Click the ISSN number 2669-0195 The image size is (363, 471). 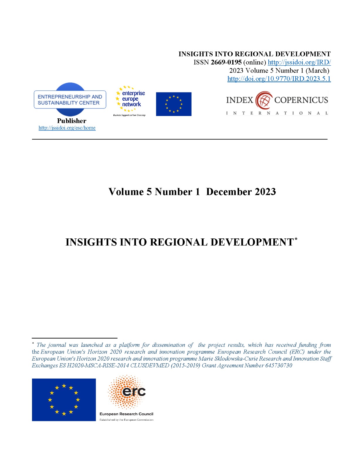coord(226,62)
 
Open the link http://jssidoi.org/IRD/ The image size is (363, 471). coord(299,62)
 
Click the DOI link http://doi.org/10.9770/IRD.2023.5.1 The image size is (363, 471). coord(279,79)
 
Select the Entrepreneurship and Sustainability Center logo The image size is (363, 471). coord(70,99)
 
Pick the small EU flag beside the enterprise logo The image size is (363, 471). coord(174,104)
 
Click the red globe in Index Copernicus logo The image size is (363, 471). coord(264,100)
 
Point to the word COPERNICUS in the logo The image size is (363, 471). coord(301,100)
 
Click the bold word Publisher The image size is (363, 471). coord(72,121)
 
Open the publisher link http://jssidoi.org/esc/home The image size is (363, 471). coord(67,128)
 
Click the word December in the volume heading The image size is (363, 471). coord(229,192)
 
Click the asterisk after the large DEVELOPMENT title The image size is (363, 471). coord(296,239)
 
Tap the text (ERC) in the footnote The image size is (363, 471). coord(297,352)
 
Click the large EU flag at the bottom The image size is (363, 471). coord(64,399)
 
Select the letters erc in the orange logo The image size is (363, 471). coord(134,392)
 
